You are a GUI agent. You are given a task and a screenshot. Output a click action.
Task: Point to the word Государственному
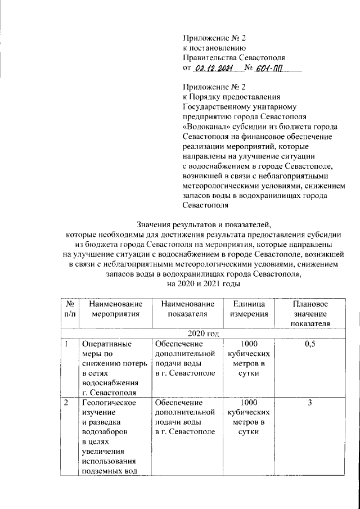click(218, 107)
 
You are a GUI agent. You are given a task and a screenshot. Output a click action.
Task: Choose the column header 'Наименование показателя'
click(184, 308)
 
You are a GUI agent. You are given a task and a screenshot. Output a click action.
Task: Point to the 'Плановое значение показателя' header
click(309, 313)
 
